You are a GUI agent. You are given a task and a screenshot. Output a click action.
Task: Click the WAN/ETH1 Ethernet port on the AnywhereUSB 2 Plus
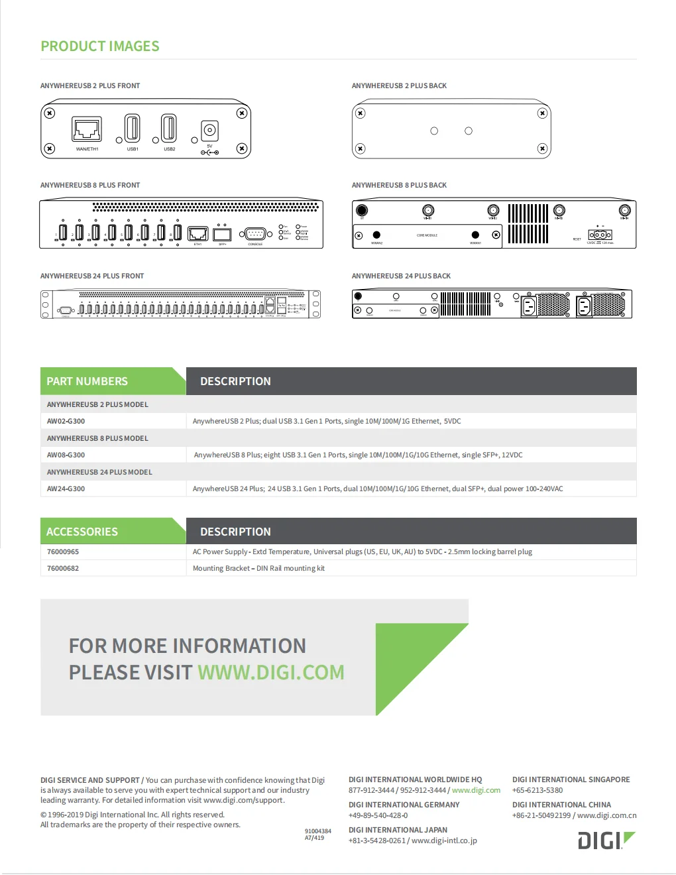click(87, 129)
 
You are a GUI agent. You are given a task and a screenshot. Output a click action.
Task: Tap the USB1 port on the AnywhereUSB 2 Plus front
click(133, 129)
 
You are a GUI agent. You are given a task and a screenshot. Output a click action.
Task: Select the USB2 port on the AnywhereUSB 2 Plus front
click(169, 129)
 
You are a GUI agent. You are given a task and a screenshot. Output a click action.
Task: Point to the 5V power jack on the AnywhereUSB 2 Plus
click(209, 130)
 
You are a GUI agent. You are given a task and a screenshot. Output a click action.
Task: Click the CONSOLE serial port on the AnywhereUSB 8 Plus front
click(255, 233)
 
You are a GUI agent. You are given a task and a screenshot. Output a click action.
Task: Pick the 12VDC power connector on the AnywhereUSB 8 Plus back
click(600, 235)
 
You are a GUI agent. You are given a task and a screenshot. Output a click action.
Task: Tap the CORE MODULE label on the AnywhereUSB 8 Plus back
click(427, 235)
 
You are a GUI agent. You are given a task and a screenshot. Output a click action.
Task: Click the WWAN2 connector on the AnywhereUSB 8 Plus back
click(376, 235)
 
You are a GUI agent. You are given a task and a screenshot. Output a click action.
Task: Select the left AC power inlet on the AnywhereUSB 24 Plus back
click(528, 306)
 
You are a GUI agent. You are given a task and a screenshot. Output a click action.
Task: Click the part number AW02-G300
click(66, 421)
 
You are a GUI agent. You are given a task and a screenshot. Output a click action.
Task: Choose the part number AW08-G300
click(66, 455)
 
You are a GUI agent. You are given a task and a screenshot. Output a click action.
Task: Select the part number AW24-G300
click(66, 489)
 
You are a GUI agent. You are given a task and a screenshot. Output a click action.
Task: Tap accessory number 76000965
click(63, 552)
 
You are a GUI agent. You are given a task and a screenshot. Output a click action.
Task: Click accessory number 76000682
click(63, 568)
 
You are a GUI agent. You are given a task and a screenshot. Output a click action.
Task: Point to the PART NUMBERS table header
click(87, 381)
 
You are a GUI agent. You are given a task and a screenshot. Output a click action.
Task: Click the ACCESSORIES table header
click(82, 532)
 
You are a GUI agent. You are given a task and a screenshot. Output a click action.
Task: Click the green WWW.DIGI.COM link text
click(271, 672)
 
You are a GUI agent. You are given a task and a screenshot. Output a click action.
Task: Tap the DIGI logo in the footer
click(606, 841)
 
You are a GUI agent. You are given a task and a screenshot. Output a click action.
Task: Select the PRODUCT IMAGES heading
click(100, 46)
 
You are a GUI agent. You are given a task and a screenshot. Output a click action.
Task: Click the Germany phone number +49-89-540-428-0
click(378, 815)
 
